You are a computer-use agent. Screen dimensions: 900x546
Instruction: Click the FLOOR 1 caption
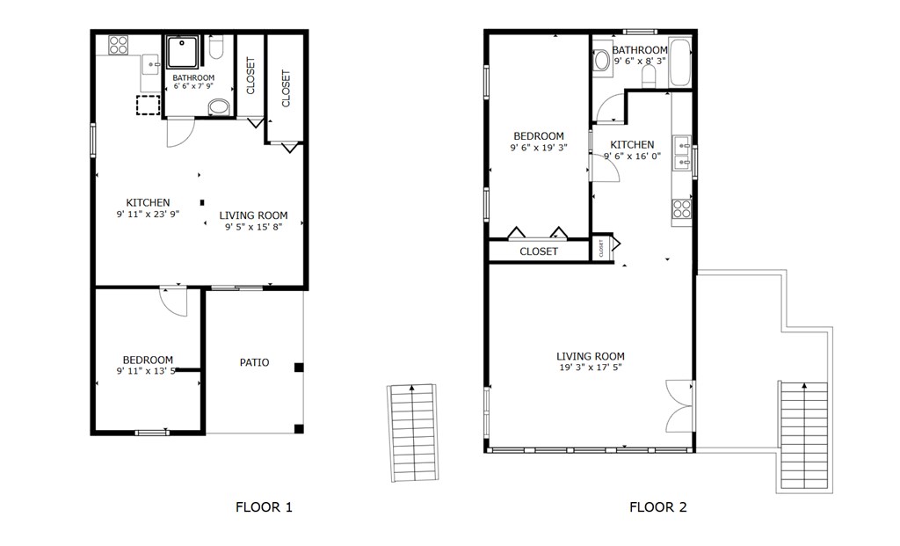coord(264,507)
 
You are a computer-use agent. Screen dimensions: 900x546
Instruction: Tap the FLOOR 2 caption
coord(657,507)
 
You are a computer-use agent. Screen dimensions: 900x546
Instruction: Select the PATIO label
coord(254,362)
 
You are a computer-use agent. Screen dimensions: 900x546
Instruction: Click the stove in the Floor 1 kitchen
coord(119,45)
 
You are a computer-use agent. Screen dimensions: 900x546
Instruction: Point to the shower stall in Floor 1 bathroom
coord(183,52)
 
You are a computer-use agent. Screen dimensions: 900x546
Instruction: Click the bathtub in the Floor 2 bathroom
coord(680,62)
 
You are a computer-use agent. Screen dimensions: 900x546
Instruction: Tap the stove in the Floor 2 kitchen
coord(682,209)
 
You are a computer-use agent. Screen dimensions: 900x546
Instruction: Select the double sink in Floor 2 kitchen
coord(682,153)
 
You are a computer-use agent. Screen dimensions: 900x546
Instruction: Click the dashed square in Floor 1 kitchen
coord(148,106)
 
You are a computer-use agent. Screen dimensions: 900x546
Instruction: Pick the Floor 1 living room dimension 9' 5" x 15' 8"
coord(253,227)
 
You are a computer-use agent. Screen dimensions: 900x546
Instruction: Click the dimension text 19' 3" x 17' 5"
coord(591,368)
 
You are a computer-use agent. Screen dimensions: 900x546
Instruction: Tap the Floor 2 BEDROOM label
coord(539,136)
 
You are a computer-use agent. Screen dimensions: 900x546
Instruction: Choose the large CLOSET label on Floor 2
coord(539,251)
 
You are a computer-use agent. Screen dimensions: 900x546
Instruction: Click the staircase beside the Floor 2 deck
coord(804,435)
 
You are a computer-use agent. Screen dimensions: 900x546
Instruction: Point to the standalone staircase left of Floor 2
coord(413,433)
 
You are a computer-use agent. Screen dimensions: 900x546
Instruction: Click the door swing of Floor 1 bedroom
coord(173,301)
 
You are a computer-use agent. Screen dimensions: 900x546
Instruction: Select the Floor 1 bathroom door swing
coord(180,132)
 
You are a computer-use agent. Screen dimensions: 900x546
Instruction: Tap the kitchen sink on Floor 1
coord(151,64)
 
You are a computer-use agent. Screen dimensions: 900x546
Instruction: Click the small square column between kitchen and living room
coord(202,203)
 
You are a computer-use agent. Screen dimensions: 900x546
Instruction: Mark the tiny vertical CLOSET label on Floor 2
coord(601,248)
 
